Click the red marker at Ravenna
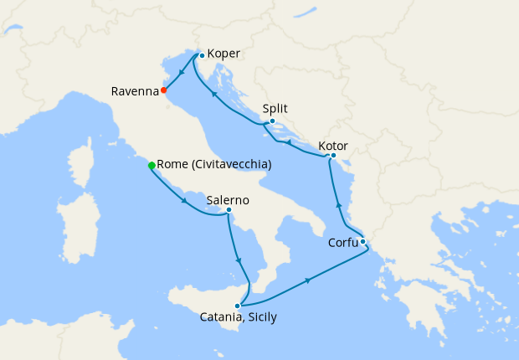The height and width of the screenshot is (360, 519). coord(164,90)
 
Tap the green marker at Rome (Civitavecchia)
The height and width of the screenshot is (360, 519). coord(152,165)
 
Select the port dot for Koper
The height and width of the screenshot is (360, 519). coord(202,55)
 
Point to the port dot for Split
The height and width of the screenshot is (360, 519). coord(272,121)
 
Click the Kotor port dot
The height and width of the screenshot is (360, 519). coord(333,155)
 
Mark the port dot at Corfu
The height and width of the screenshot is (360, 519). coord(362,241)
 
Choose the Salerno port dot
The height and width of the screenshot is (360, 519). coord(229,210)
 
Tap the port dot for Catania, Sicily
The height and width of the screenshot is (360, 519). coord(238,306)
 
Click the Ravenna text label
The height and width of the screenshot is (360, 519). coord(133,91)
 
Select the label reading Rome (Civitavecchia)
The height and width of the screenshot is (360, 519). coord(214,165)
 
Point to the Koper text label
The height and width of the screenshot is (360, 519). coord(224,54)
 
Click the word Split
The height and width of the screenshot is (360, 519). coord(275,109)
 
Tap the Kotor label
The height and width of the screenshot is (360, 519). coord(332,146)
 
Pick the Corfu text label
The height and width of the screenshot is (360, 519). coord(342,244)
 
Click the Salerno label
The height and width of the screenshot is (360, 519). coord(228,200)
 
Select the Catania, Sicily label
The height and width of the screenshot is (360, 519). coord(239,317)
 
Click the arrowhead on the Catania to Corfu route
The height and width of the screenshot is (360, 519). coord(309,279)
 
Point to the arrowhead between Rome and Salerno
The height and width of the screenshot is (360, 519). coord(184,201)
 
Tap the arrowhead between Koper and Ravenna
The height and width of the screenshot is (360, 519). coord(182,73)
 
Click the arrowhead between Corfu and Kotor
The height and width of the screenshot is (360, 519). coord(338,205)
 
